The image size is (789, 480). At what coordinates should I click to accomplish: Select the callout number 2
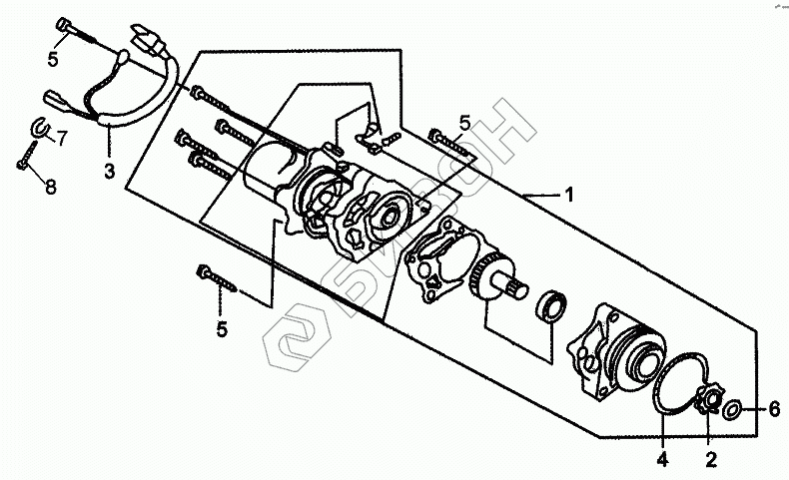[x=710, y=460]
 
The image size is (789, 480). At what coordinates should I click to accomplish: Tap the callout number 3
[x=108, y=170]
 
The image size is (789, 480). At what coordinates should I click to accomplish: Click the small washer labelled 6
[x=731, y=409]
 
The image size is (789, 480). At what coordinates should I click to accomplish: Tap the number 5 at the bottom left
[x=224, y=329]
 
